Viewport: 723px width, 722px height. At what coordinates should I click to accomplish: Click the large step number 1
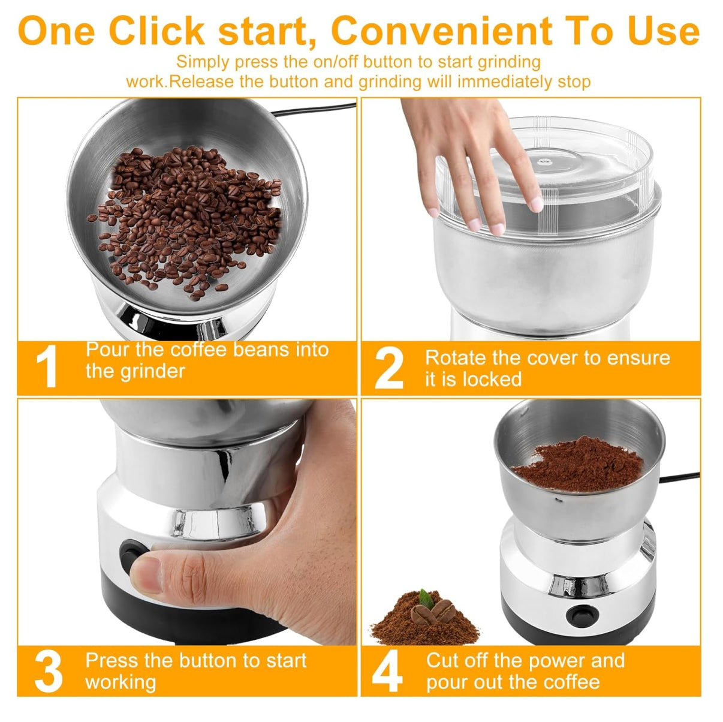(x=47, y=366)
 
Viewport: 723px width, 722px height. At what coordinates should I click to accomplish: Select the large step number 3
(x=49, y=671)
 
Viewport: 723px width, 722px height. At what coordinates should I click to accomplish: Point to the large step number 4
(x=387, y=671)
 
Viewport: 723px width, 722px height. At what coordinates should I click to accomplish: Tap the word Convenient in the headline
(x=442, y=31)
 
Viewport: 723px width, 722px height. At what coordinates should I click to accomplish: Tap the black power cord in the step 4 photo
(x=679, y=478)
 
